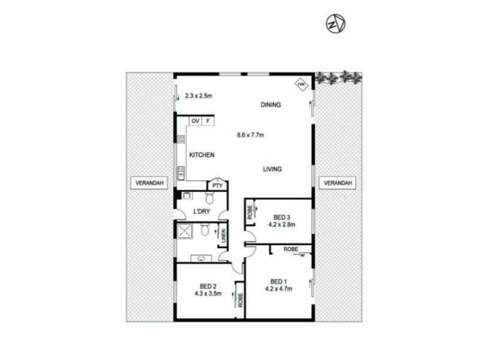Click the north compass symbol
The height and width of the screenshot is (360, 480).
click(335, 24)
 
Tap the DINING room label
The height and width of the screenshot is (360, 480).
click(271, 105)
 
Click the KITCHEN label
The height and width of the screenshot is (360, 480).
click(202, 155)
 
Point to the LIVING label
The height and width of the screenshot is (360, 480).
click(272, 170)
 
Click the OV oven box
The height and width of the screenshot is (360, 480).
click(195, 121)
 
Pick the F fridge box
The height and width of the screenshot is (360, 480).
click(208, 121)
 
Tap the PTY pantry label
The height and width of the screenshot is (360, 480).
click(217, 186)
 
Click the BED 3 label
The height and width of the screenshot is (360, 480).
click(281, 217)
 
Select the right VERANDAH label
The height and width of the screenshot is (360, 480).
click(338, 183)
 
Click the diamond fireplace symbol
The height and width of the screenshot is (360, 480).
click(301, 85)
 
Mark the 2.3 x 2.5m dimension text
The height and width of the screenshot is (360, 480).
click(199, 95)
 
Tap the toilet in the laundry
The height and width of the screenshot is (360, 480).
click(211, 198)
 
